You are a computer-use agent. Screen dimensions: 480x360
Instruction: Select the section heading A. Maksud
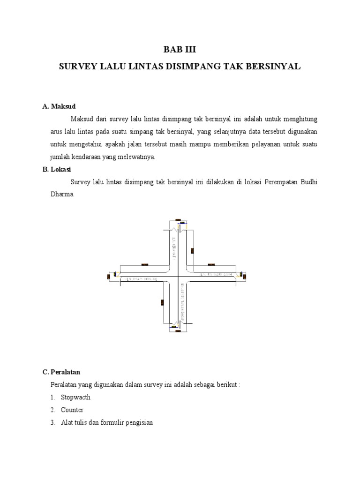[59, 106]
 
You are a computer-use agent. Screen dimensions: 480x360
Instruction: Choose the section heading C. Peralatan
[61, 372]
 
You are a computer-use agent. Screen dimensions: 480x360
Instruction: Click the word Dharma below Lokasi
[62, 194]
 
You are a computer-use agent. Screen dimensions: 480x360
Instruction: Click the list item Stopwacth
[75, 397]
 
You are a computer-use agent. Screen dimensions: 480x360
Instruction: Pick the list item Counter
[72, 410]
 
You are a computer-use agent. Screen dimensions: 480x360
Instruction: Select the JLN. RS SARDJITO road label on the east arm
[216, 274]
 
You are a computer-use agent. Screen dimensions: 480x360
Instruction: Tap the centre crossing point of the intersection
[178, 277]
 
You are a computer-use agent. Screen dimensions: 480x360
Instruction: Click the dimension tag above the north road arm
[178, 219]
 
